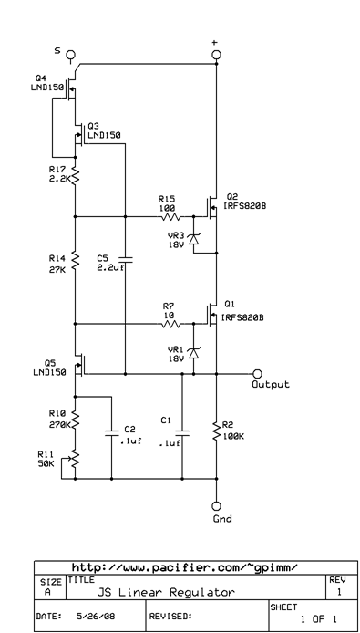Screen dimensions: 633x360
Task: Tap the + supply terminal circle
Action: tap(217, 55)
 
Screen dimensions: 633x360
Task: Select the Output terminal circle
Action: tap(256, 373)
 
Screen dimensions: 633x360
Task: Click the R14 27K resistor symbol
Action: tap(76, 263)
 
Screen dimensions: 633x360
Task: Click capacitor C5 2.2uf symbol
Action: tap(124, 261)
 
